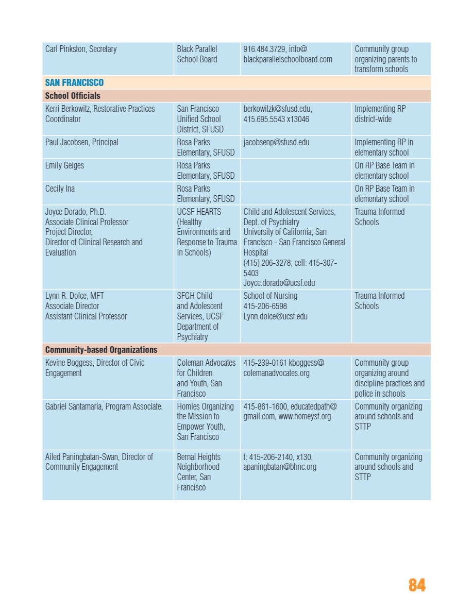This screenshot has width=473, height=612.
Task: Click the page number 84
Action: [417, 585]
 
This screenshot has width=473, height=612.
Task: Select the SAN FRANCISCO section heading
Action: [74, 82]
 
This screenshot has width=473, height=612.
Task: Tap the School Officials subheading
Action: [73, 96]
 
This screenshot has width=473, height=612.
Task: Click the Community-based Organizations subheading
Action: [101, 350]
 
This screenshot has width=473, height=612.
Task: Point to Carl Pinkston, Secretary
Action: [81, 49]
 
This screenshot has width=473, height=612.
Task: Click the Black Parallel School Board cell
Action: [197, 54]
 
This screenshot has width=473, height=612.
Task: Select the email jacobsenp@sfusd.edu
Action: [276, 142]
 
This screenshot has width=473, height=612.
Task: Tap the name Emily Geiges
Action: [64, 165]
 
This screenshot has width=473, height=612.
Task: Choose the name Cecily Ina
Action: [60, 189]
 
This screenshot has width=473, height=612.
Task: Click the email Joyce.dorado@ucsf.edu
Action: [279, 283]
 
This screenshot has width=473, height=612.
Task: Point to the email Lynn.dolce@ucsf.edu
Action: [275, 316]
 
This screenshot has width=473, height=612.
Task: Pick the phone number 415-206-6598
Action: [265, 306]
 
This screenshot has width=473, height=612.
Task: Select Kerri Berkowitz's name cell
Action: [100, 114]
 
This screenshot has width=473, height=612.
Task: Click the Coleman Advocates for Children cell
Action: [206, 378]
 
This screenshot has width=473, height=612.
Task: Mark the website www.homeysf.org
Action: [305, 416]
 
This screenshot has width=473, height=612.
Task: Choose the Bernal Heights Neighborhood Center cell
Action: [198, 472]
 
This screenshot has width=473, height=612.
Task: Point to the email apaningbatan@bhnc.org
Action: [280, 467]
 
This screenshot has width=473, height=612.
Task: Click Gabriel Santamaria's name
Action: [104, 406]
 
